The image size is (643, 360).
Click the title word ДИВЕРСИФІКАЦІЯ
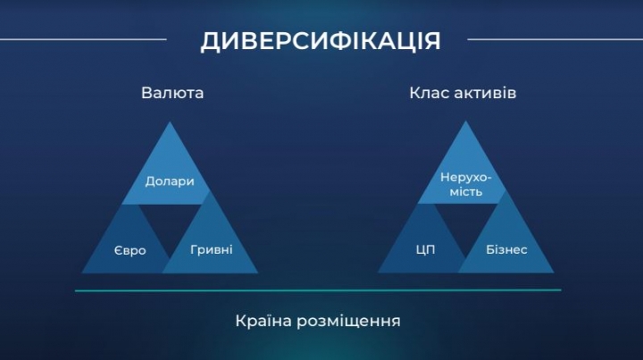[321, 41]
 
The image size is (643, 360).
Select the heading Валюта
[172, 93]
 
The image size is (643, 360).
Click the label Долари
[170, 181]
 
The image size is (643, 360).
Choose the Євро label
[130, 250]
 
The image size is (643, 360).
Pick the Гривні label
[212, 250]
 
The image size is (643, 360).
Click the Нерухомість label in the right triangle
[466, 185]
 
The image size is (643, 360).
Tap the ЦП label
[425, 250]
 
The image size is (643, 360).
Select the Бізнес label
[507, 250]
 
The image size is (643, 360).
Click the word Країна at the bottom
[263, 321]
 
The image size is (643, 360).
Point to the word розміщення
[348, 322]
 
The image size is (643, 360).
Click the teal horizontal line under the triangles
[318, 290]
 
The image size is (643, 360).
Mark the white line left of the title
[83, 39]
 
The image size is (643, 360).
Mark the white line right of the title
[555, 39]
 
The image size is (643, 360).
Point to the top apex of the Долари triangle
[170, 121]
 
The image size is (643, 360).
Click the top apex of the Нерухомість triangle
[465, 121]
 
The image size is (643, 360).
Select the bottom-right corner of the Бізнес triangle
[554, 272]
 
